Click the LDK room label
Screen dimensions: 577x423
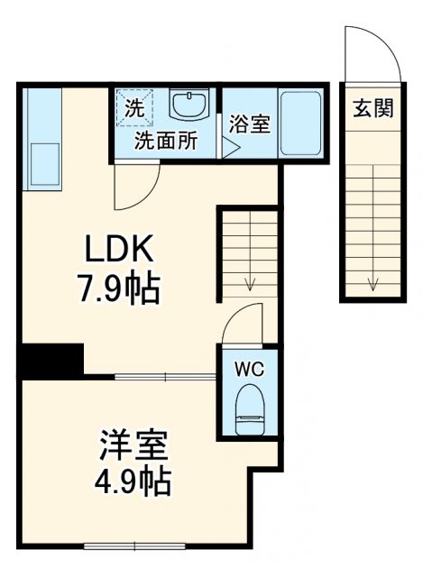click(122, 248)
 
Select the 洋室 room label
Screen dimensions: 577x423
click(133, 445)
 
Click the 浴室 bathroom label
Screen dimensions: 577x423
click(248, 124)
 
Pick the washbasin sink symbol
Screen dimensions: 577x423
click(189, 106)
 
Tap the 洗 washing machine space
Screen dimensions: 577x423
click(133, 108)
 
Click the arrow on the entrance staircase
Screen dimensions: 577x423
click(372, 287)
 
